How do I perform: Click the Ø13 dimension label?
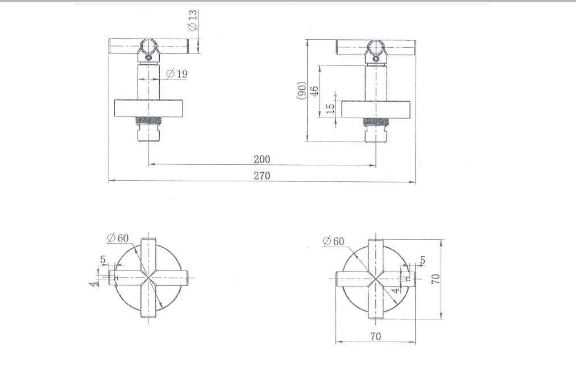coord(193,20)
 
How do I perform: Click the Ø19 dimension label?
coord(177,74)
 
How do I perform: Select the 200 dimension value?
coord(262,159)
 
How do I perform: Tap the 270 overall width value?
coord(262,176)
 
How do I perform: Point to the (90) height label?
coord(301,90)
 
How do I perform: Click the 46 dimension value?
coord(314,91)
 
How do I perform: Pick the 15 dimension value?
coord(330,108)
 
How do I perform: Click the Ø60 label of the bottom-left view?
coord(118,238)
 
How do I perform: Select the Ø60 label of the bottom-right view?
coord(333,241)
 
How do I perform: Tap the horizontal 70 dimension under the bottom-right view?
coord(375,336)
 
